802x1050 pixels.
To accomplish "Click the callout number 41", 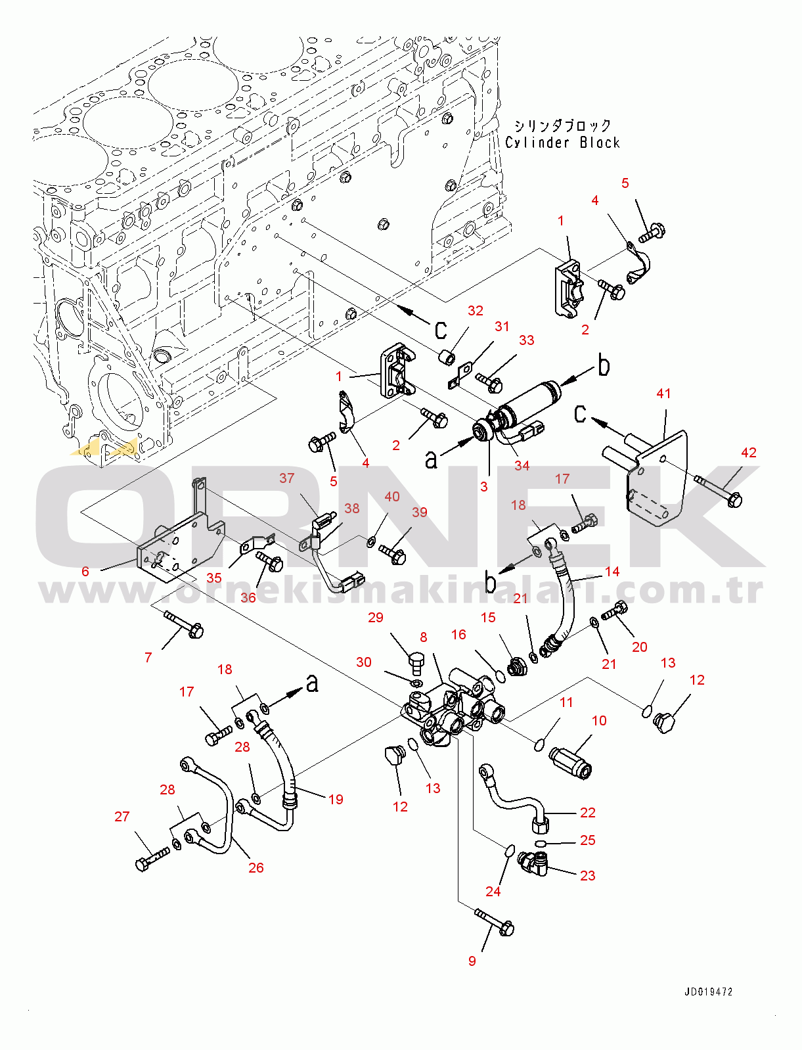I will (663, 394).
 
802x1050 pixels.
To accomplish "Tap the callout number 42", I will (748, 453).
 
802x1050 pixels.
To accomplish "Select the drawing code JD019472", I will (708, 992).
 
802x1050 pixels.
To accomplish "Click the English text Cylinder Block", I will (562, 143).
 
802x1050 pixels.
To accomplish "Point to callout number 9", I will (472, 961).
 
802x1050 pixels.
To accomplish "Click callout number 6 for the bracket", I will (85, 571).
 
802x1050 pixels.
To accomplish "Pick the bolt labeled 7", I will (185, 624).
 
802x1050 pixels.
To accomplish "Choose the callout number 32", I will (475, 311).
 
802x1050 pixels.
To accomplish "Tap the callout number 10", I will (599, 720).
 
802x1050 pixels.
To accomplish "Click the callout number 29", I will (375, 617).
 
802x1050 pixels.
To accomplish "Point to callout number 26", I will (256, 867).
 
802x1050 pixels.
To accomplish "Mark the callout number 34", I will (522, 465).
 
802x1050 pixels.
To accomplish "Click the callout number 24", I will (493, 891).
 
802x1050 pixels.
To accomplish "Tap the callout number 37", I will (286, 478).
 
